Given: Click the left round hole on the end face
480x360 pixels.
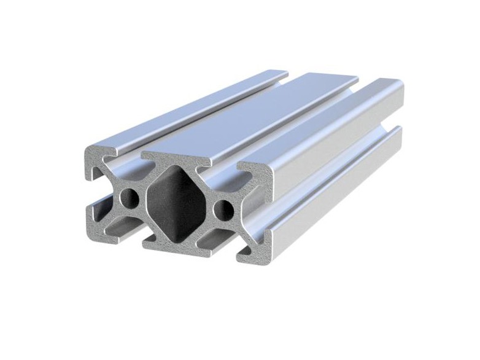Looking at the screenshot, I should (130, 198).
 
